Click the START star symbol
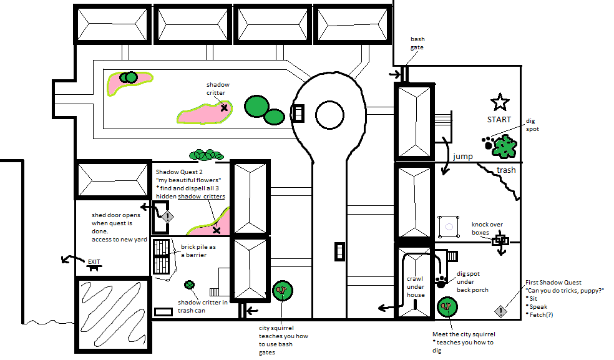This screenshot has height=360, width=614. click(x=500, y=102)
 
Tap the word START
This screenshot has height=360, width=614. click(x=499, y=119)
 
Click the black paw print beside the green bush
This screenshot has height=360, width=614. click(x=488, y=143)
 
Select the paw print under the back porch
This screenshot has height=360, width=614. click(x=441, y=281)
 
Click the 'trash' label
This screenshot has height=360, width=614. click(x=506, y=170)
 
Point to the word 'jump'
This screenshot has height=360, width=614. click(x=463, y=157)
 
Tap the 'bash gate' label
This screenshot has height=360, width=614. click(x=417, y=43)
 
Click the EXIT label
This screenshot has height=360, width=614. click(x=94, y=261)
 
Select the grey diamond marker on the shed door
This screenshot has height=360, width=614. click(x=168, y=216)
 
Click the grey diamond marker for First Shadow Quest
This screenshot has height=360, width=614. click(x=501, y=311)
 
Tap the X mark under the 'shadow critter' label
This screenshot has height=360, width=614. click(x=224, y=108)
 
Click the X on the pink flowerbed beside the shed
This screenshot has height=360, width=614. click(x=217, y=230)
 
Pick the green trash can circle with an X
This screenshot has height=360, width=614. click(x=189, y=285)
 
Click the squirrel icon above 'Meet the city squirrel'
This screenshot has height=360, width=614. click(x=447, y=307)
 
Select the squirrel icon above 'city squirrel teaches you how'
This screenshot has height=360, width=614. click(x=283, y=291)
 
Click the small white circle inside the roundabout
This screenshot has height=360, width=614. click(x=329, y=115)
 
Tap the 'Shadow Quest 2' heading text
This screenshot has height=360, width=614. click(x=179, y=172)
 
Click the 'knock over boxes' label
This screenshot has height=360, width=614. click(x=487, y=228)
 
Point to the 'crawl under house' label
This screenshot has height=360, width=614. click(x=415, y=287)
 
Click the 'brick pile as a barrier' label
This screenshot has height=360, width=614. click(x=198, y=251)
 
